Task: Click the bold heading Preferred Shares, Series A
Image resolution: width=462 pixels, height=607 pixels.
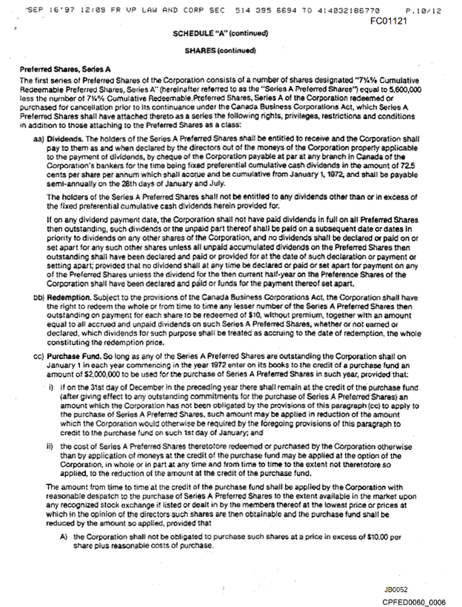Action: (65, 70)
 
